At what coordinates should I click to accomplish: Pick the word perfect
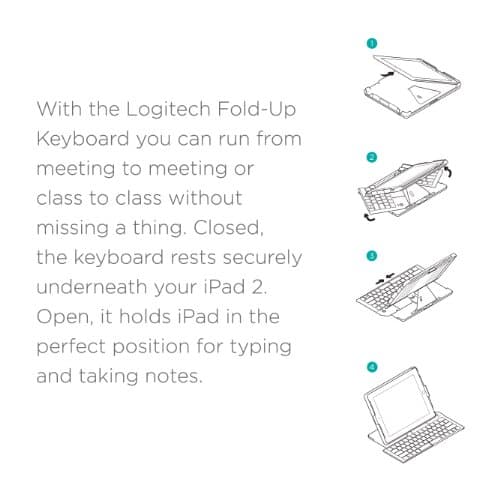click(76, 348)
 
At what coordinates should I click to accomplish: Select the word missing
click(76, 228)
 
